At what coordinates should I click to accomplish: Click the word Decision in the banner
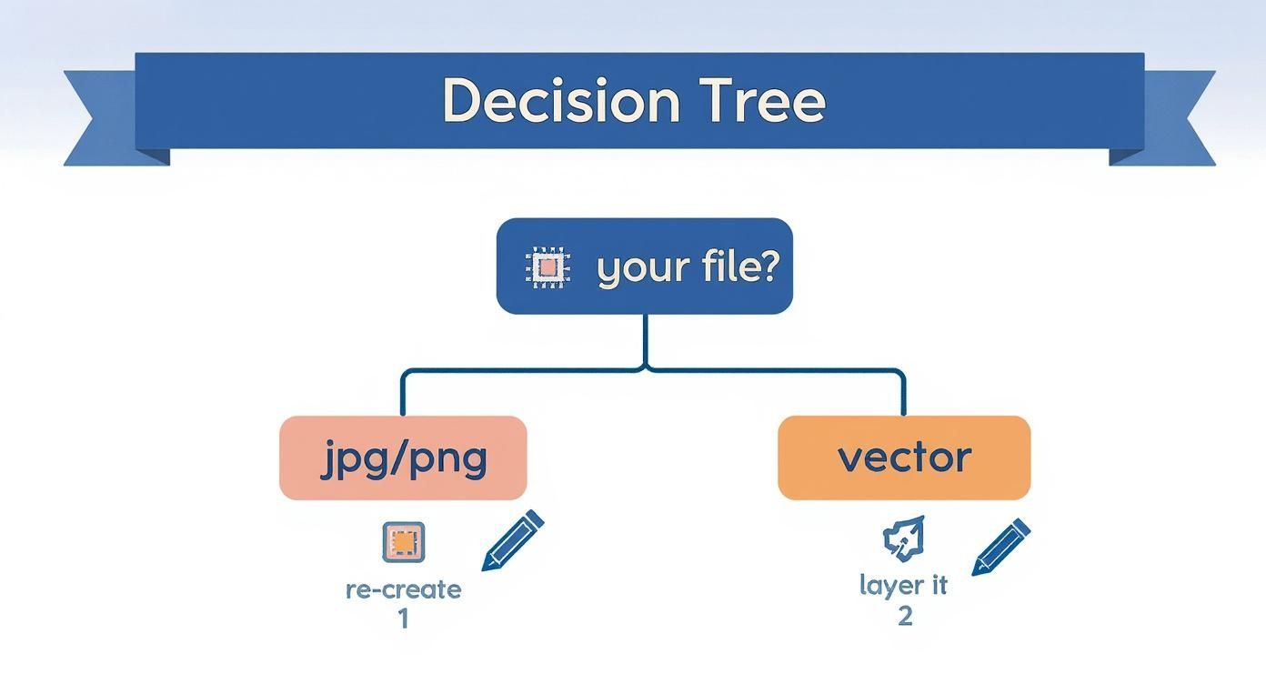(x=560, y=101)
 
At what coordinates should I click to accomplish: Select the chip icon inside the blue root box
(x=548, y=267)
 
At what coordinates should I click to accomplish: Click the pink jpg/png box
(x=403, y=458)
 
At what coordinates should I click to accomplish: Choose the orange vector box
(x=904, y=458)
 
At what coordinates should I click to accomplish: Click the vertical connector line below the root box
(x=645, y=340)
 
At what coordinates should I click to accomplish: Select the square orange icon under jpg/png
(x=403, y=542)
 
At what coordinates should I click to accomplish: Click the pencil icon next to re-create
(x=512, y=539)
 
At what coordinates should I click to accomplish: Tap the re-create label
(x=403, y=589)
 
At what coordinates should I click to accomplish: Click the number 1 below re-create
(x=403, y=619)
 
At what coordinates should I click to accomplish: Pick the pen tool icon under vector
(x=904, y=538)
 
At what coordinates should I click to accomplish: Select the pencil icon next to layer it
(x=1000, y=546)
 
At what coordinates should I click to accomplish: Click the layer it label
(x=903, y=585)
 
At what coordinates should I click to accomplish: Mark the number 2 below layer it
(x=904, y=616)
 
